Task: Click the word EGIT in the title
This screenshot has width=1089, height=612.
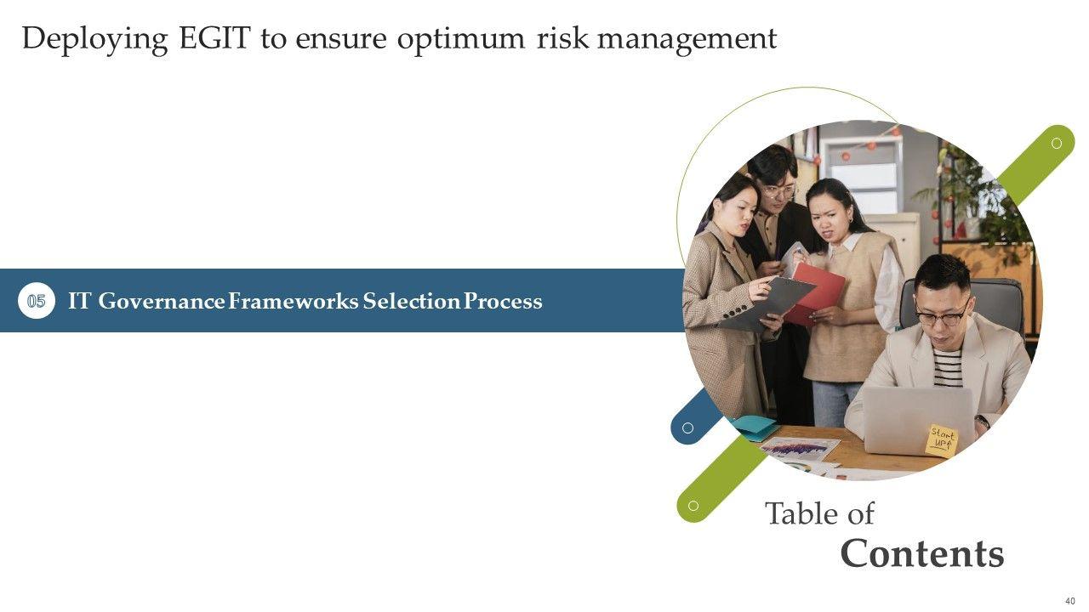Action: (x=215, y=38)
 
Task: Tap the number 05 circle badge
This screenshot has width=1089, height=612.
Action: (x=37, y=301)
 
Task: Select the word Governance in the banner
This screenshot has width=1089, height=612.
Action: (x=162, y=302)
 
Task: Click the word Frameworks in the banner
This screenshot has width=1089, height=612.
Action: (x=294, y=301)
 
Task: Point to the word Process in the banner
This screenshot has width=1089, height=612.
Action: (x=503, y=301)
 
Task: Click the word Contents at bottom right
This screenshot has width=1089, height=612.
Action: (x=921, y=553)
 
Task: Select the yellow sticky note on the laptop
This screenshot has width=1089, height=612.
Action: (x=942, y=440)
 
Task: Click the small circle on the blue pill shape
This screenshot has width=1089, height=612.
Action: (x=687, y=428)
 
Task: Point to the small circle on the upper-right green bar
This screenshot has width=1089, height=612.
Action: (x=1057, y=144)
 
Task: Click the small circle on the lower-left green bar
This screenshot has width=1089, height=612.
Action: (x=693, y=506)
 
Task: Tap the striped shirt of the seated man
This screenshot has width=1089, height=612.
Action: (x=947, y=367)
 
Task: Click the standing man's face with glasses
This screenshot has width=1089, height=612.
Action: (x=778, y=190)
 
